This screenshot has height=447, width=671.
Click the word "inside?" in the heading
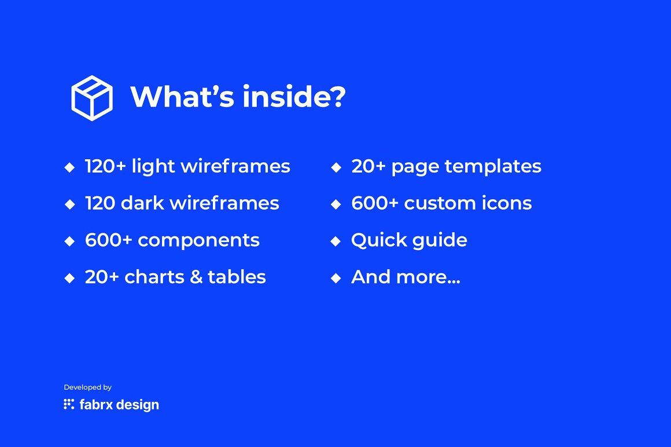[294, 96]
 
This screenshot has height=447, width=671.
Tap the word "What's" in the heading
[182, 96]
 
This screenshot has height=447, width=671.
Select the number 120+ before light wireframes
[105, 166]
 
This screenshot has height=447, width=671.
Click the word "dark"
[142, 203]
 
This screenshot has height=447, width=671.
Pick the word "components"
[198, 241]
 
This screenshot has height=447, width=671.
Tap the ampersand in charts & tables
[196, 277]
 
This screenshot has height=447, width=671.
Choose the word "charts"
[153, 277]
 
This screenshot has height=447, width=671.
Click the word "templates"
[493, 167]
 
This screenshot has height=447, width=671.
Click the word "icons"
[507, 203]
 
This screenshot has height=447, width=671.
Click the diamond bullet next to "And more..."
[336, 279]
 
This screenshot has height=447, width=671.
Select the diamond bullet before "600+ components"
[69, 241]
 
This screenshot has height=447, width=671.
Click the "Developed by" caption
[88, 387]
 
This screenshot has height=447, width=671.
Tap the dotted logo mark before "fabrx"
[69, 404]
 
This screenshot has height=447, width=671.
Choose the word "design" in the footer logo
[137, 405]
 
